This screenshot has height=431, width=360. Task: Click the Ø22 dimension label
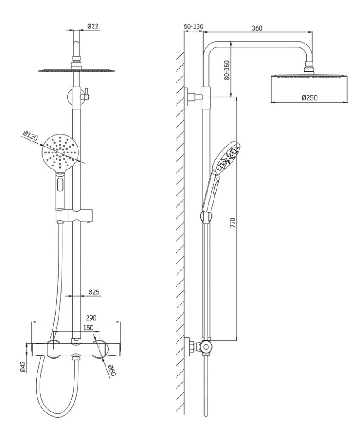pyautogui.click(x=93, y=26)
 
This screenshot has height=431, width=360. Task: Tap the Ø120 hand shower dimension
pyautogui.click(x=30, y=136)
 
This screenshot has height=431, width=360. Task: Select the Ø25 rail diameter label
pyautogui.click(x=94, y=292)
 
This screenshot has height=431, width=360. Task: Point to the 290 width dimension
pyautogui.click(x=91, y=318)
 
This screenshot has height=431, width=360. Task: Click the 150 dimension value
pyautogui.click(x=88, y=328)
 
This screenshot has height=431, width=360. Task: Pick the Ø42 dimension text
pyautogui.click(x=23, y=367)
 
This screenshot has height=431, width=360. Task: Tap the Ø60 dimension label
pyautogui.click(x=112, y=370)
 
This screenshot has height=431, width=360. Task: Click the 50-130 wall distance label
pyautogui.click(x=193, y=27)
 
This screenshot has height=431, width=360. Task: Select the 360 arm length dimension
pyautogui.click(x=257, y=28)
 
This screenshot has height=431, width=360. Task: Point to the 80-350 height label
pyautogui.click(x=227, y=70)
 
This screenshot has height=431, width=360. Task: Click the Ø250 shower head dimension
pyautogui.click(x=310, y=97)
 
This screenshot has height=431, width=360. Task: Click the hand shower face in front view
pyautogui.click(x=60, y=153)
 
